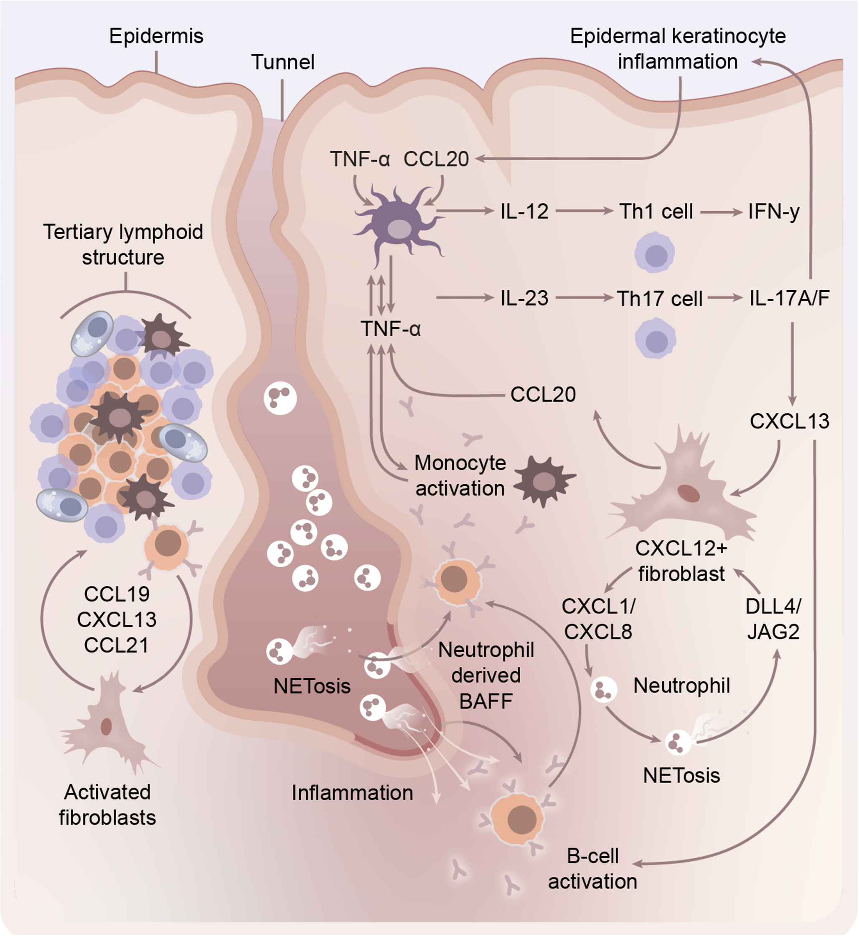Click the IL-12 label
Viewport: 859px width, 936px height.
pos(524,212)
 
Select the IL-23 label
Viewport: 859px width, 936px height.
pos(524,298)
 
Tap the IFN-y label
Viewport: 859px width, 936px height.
pos(774,212)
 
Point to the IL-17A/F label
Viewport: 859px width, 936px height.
pos(789,298)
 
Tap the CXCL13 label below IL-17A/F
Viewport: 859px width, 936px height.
pos(789,421)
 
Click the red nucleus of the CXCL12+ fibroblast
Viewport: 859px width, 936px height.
pos(689,493)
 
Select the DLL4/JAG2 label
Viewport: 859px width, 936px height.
pos(773,619)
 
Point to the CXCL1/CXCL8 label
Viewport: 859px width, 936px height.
pos(598,619)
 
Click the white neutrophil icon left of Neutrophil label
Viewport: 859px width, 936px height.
pos(604,690)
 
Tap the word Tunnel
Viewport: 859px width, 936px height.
pos(282,62)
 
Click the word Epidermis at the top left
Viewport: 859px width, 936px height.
pos(156,36)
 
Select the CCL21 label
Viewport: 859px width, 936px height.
pos(116,645)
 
